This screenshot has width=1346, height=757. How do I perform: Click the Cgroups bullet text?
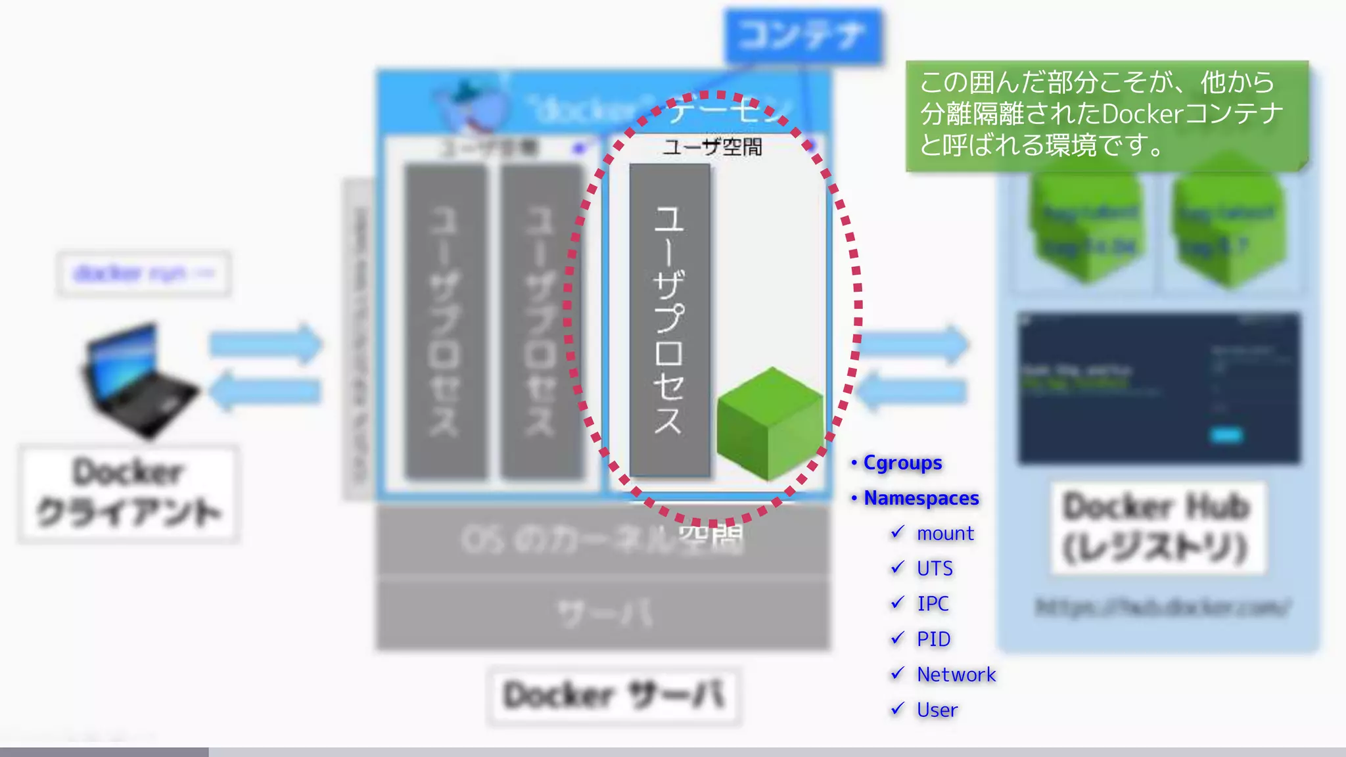tap(902, 463)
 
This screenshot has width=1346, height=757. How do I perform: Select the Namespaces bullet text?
tap(921, 499)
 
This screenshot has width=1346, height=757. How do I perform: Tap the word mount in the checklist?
tap(945, 534)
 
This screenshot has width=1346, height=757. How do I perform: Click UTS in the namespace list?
tap(935, 568)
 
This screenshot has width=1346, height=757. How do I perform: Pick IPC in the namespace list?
tap(933, 604)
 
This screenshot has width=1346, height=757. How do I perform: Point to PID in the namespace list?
tap(933, 639)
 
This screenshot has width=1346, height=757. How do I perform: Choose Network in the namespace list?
tap(956, 675)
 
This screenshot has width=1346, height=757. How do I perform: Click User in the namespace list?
tap(937, 710)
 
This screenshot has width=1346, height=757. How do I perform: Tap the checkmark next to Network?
tap(898, 674)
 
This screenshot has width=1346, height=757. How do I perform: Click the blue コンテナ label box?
tap(802, 35)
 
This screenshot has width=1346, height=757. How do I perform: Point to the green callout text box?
tap(1106, 116)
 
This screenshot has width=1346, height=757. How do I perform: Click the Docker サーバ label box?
tap(614, 696)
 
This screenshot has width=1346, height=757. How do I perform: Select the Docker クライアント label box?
tap(129, 493)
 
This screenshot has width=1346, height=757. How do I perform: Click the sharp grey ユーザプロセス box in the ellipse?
tap(669, 320)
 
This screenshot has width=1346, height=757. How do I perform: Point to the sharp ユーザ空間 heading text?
tap(712, 147)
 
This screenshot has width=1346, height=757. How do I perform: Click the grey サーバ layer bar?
tap(603, 614)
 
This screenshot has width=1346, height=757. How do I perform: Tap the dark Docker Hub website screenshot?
tap(1159, 388)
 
